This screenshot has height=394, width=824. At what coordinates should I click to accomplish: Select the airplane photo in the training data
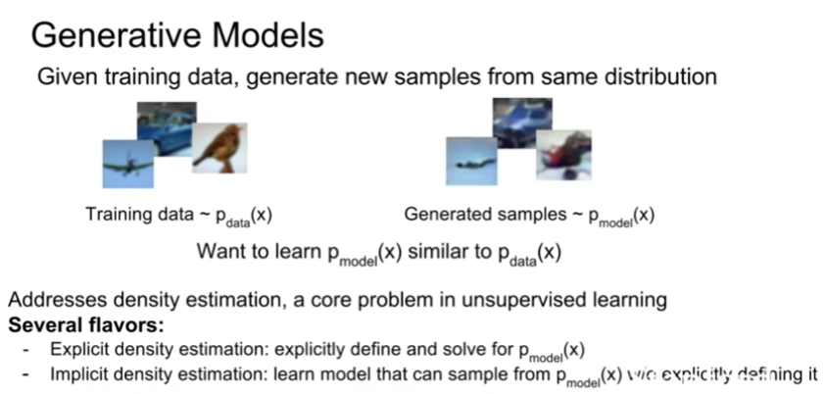click(128, 164)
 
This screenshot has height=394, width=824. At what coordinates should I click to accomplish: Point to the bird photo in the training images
click(218, 147)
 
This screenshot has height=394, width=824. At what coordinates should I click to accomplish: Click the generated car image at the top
click(520, 123)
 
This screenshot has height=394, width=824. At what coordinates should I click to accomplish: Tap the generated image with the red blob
click(562, 155)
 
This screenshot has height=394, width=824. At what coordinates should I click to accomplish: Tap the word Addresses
click(50, 299)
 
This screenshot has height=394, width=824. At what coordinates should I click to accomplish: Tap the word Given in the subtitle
click(63, 76)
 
